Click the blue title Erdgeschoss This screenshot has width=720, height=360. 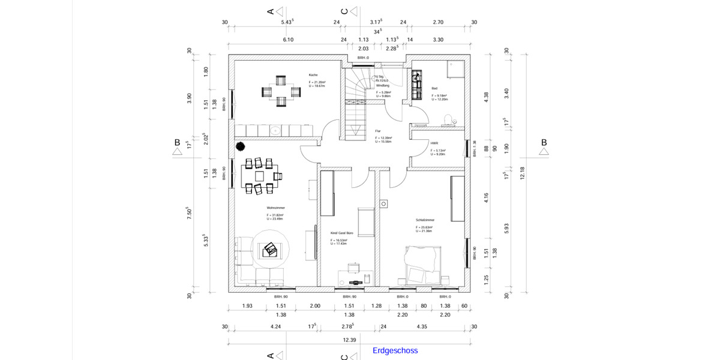(x=395, y=350)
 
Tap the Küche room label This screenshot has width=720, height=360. (x=313, y=75)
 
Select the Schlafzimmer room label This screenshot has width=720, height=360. (x=425, y=220)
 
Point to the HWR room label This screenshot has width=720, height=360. (x=434, y=143)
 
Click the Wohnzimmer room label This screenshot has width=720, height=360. (x=275, y=208)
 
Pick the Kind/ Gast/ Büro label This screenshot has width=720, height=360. (x=341, y=232)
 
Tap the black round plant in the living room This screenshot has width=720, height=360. (x=241, y=146)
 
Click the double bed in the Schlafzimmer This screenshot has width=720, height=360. (x=425, y=265)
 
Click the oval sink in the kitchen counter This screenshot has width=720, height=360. (x=275, y=130)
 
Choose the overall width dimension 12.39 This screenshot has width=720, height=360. (x=349, y=340)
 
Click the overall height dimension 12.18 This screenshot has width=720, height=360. (x=522, y=173)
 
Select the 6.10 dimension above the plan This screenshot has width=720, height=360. (x=288, y=40)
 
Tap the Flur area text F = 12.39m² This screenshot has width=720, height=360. (x=384, y=137)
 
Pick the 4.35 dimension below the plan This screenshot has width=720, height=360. (x=422, y=327)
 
